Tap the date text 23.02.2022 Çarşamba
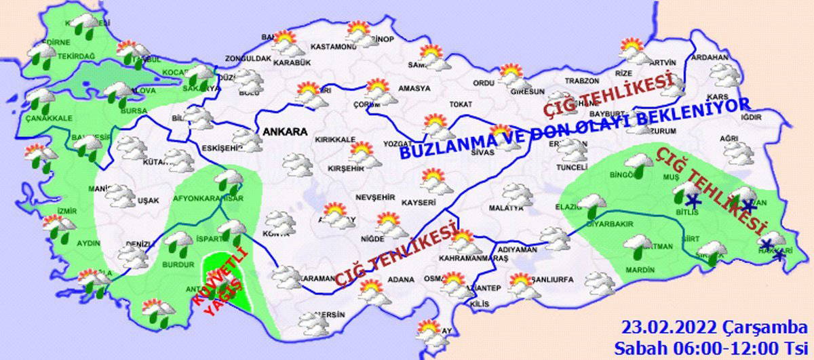[x=714, y=328]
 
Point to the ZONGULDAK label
[x=248, y=59]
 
